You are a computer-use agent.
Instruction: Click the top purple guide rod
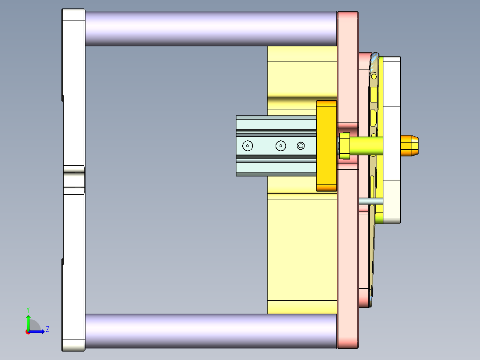pyautogui.click(x=209, y=29)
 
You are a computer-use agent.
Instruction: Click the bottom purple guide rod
pyautogui.click(x=209, y=331)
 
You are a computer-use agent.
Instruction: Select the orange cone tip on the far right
pyautogui.click(x=410, y=146)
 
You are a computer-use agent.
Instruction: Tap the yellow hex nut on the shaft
pyautogui.click(x=345, y=146)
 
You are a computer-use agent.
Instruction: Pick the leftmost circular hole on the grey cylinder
pyautogui.click(x=247, y=146)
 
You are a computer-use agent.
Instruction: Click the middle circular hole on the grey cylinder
pyautogui.click(x=281, y=146)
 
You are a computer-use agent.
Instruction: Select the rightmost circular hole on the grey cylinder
pyautogui.click(x=301, y=146)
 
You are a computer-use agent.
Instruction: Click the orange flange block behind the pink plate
pyautogui.click(x=326, y=146)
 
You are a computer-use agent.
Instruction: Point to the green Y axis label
pyautogui.click(x=28, y=309)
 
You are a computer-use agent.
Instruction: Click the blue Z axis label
pyautogui.click(x=47, y=329)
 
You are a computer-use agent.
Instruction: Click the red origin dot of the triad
pyautogui.click(x=28, y=331)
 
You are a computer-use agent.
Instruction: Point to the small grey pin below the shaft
pyautogui.click(x=370, y=201)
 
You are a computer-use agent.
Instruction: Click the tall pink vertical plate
pyautogui.click(x=347, y=245)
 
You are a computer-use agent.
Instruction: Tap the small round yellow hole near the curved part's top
pyautogui.click(x=374, y=77)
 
